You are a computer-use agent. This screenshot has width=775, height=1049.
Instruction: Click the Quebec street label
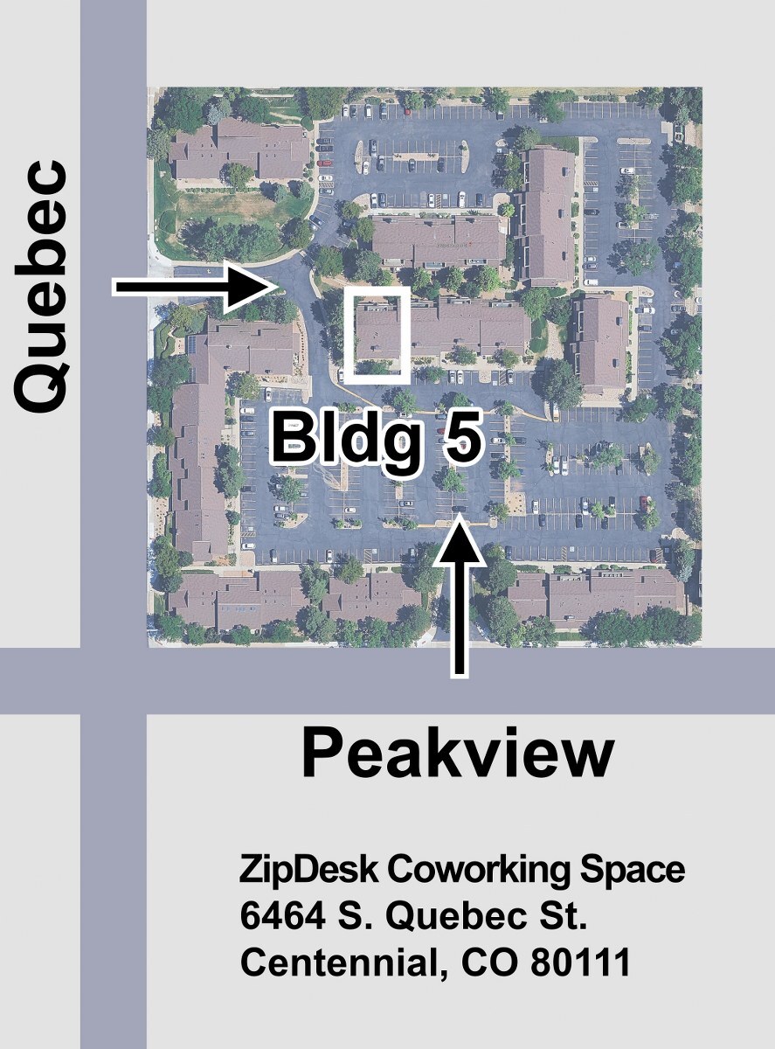(x=42, y=287)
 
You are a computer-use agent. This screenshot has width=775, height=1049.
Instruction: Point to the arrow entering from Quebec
(x=195, y=287)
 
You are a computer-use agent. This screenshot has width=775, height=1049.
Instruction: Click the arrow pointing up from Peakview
(x=459, y=597)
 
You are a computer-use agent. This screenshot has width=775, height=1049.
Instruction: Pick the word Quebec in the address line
(x=454, y=917)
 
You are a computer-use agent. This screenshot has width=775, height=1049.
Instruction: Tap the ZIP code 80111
(x=580, y=962)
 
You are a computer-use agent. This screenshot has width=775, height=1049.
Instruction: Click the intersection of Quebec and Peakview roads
(x=113, y=680)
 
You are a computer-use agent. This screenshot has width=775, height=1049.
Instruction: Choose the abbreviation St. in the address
(x=559, y=917)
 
